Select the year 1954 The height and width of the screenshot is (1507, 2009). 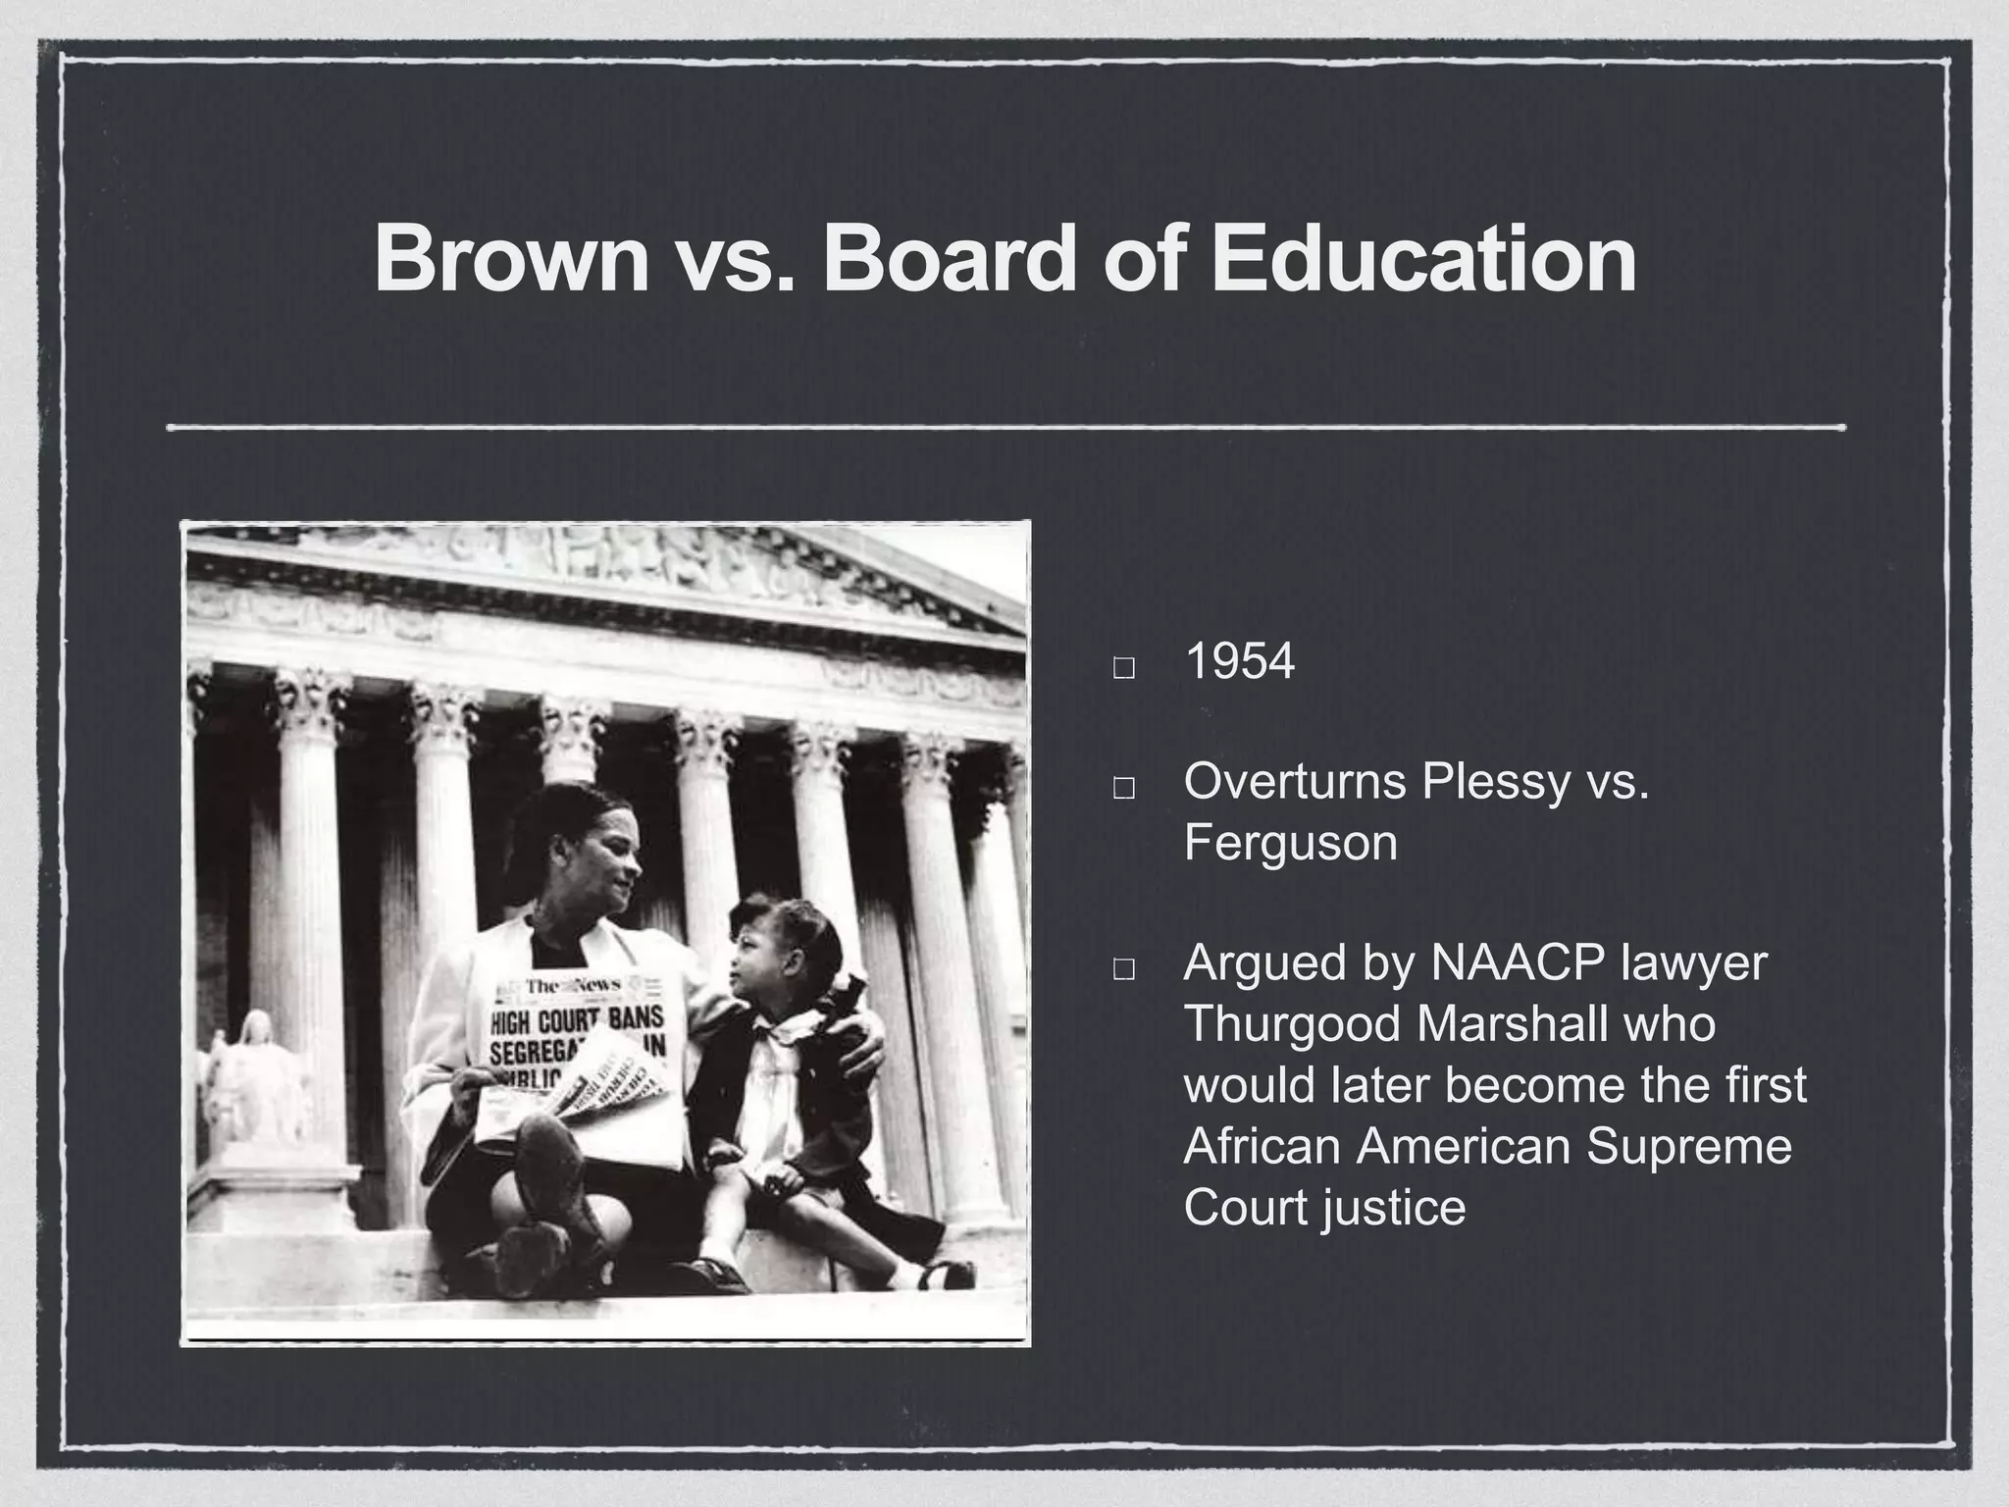(1240, 662)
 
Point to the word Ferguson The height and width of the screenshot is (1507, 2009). (1290, 843)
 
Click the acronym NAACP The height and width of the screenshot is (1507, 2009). (1518, 962)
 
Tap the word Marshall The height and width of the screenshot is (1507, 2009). (1512, 1024)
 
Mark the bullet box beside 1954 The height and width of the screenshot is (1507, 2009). (1124, 669)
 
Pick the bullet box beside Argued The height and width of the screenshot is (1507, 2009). (1124, 969)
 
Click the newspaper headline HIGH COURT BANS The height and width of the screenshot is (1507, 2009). (576, 1018)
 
